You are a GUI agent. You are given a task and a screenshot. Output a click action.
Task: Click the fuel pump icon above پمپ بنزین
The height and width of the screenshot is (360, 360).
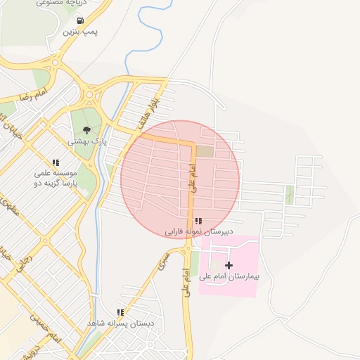point(82,20)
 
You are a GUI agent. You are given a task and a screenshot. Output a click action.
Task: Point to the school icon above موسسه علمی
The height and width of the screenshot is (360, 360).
point(56,162)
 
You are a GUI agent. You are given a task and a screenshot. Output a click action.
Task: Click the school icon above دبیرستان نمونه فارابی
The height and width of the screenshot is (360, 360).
point(198,221)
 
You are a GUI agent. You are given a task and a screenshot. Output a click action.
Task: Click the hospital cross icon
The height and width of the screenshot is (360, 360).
point(228,265)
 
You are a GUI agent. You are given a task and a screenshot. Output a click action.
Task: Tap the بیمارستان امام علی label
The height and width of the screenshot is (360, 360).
point(229,277)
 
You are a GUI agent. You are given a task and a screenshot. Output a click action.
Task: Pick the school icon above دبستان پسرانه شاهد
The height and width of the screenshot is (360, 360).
point(120,312)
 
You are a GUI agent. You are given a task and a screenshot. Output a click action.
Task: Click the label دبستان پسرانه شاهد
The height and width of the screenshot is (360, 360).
point(120,323)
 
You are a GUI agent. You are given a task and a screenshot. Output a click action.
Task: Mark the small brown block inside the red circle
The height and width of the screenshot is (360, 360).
point(204,150)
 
